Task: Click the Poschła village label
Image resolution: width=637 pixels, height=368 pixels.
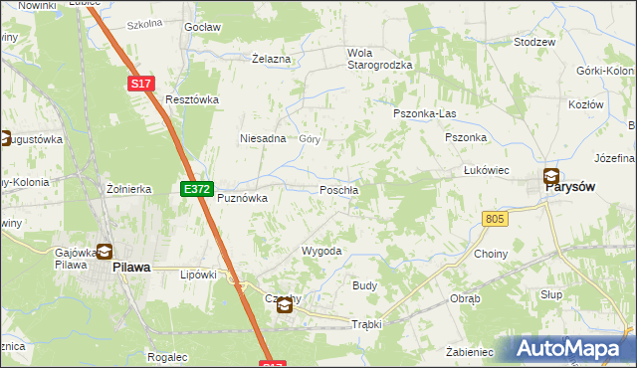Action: point(339,190)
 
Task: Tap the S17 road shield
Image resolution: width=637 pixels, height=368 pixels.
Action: point(141,86)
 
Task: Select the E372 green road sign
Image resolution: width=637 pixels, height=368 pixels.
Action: point(195,188)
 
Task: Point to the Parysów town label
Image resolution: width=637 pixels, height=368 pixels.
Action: point(576,195)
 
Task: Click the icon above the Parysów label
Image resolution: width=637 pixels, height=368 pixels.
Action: point(551,177)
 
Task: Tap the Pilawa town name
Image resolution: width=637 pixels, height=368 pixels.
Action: point(130,267)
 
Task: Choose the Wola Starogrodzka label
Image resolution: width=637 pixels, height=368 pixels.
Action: point(378,59)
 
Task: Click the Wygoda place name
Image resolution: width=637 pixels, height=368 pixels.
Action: point(321,252)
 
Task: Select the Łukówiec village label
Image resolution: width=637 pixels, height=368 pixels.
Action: point(487,170)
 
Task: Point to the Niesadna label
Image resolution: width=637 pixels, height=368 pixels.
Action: point(263,139)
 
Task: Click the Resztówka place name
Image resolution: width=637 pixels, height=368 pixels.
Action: point(192,99)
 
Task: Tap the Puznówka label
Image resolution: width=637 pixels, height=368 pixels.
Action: point(243,198)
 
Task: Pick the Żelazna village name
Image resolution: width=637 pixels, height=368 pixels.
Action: point(271,60)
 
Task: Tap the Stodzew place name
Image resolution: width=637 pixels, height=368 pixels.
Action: point(533,43)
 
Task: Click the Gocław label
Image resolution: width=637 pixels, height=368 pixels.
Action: point(202,28)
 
